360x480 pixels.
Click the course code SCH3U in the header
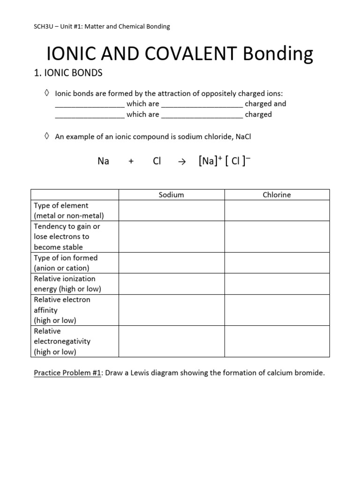coord(39,27)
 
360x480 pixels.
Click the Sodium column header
coord(171,195)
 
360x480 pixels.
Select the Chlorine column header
coord(277,195)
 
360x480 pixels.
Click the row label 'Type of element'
coord(61,205)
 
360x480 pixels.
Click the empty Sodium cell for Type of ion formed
coord(171,263)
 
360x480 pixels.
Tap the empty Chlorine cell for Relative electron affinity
coord(277,310)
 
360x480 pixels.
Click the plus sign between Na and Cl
coord(131,161)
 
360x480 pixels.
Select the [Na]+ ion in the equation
coord(209,161)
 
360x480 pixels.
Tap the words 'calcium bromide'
coord(298,373)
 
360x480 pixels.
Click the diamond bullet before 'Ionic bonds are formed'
coord(46,93)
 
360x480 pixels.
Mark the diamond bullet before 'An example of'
coord(46,136)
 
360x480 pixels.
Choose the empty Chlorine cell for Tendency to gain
coord(277,237)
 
